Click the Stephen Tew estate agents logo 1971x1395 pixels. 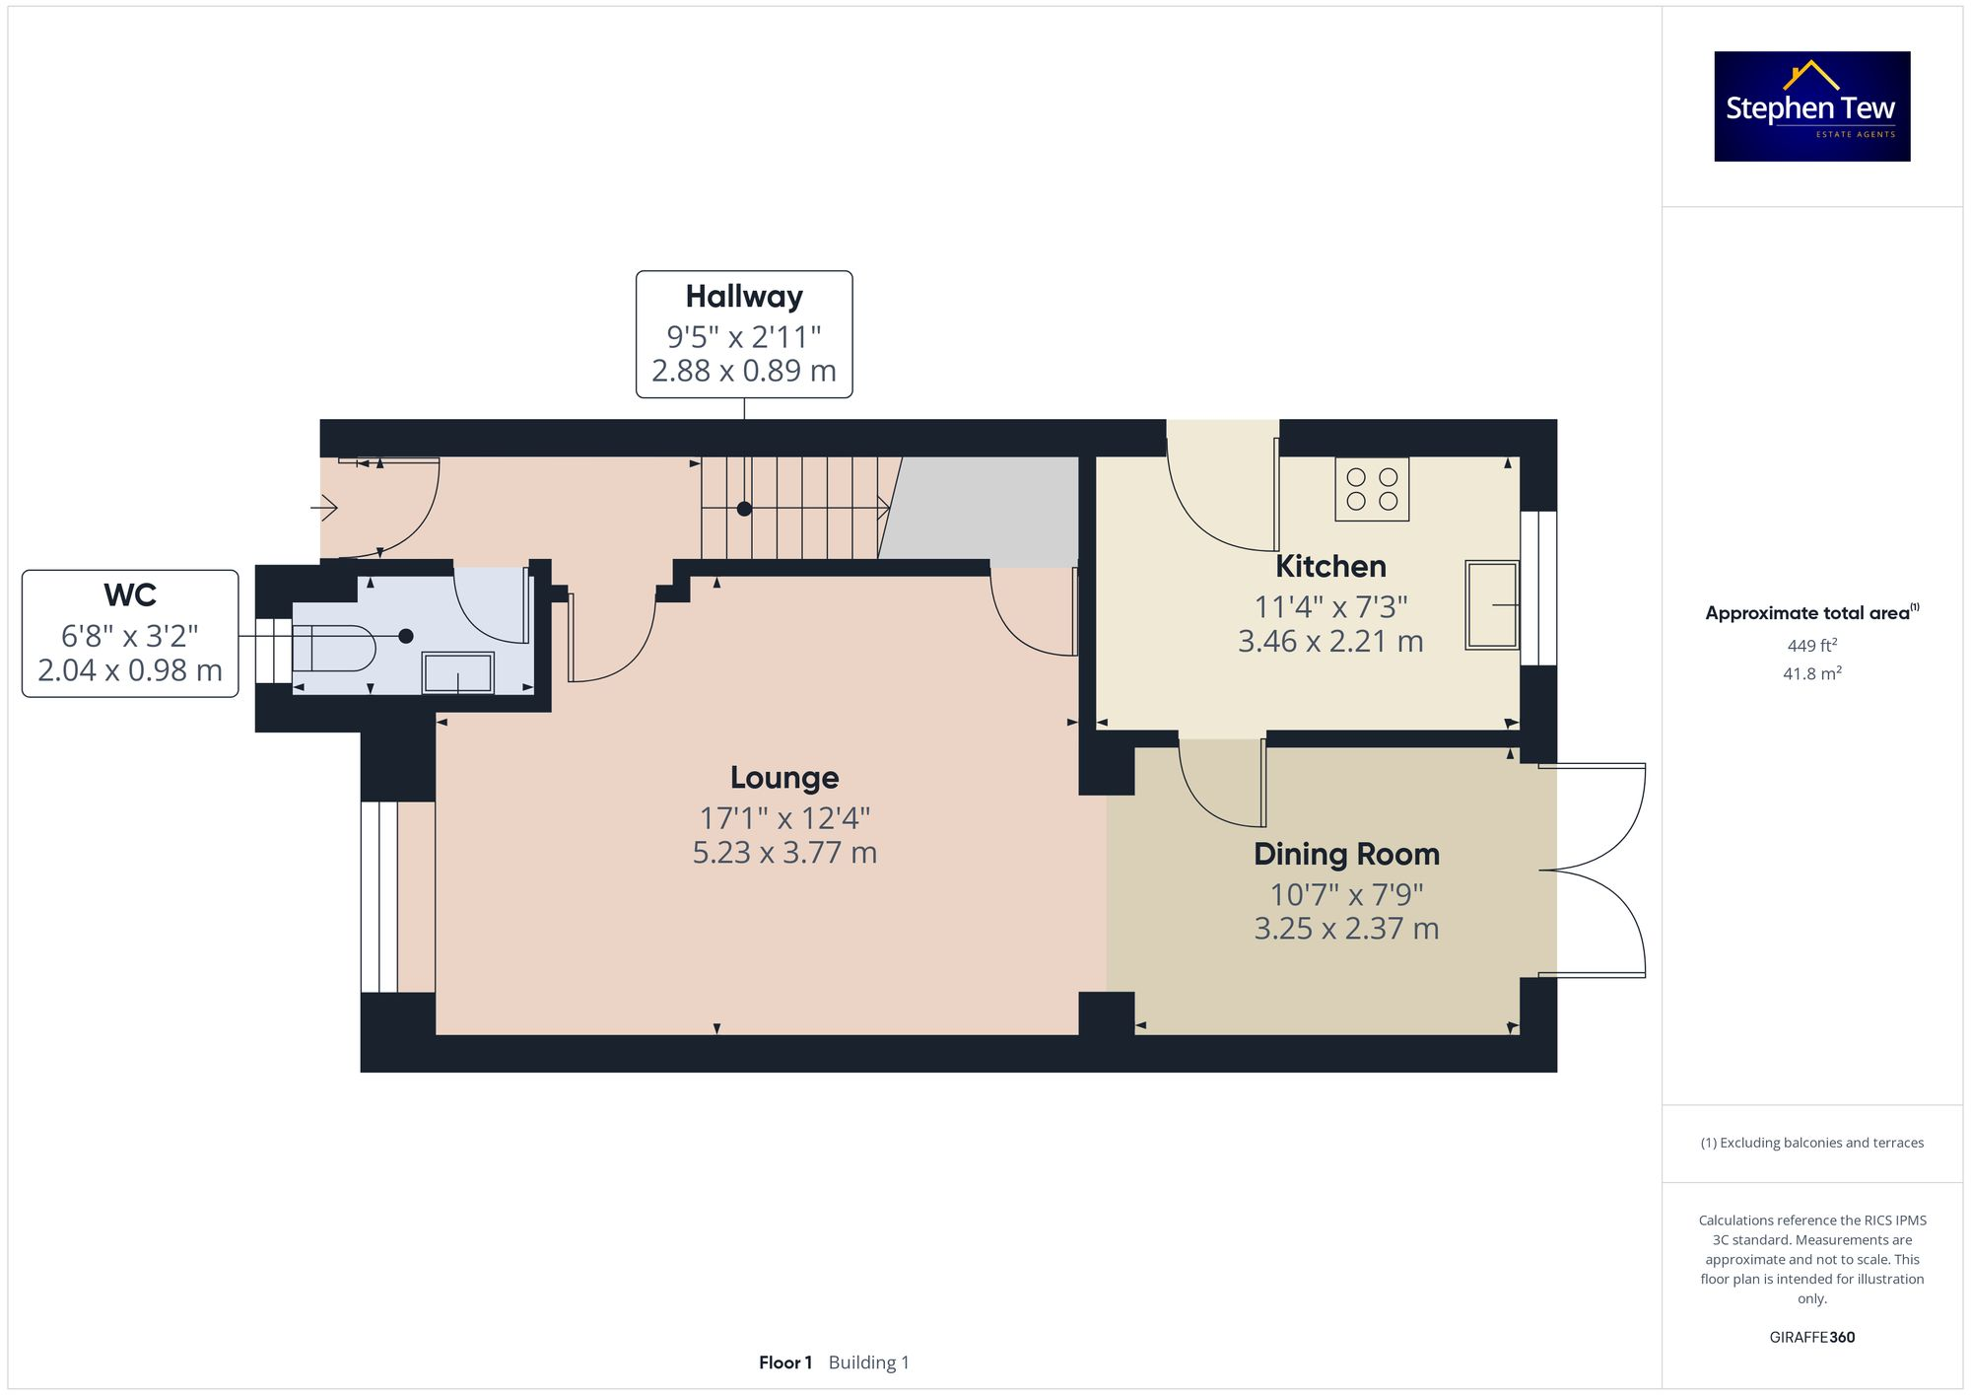1811,106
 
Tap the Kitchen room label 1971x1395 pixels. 1330,567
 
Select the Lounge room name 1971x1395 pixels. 784,778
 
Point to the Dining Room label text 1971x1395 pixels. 1346,854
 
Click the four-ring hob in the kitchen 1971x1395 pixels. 1372,489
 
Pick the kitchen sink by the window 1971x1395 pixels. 1491,604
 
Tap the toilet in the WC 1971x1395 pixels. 335,648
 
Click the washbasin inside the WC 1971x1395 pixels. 458,672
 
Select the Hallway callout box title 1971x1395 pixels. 744,297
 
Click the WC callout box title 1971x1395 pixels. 130,595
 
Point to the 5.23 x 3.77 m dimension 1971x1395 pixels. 784,853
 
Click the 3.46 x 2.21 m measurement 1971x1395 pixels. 1330,642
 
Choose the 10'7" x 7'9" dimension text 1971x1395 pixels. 1346,895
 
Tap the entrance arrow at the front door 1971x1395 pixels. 325,509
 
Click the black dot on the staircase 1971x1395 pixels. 744,509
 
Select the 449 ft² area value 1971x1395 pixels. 1811,646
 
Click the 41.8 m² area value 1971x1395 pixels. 1811,674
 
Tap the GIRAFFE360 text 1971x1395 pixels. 1811,1338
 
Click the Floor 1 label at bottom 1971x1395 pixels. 785,1362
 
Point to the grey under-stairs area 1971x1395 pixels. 985,511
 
